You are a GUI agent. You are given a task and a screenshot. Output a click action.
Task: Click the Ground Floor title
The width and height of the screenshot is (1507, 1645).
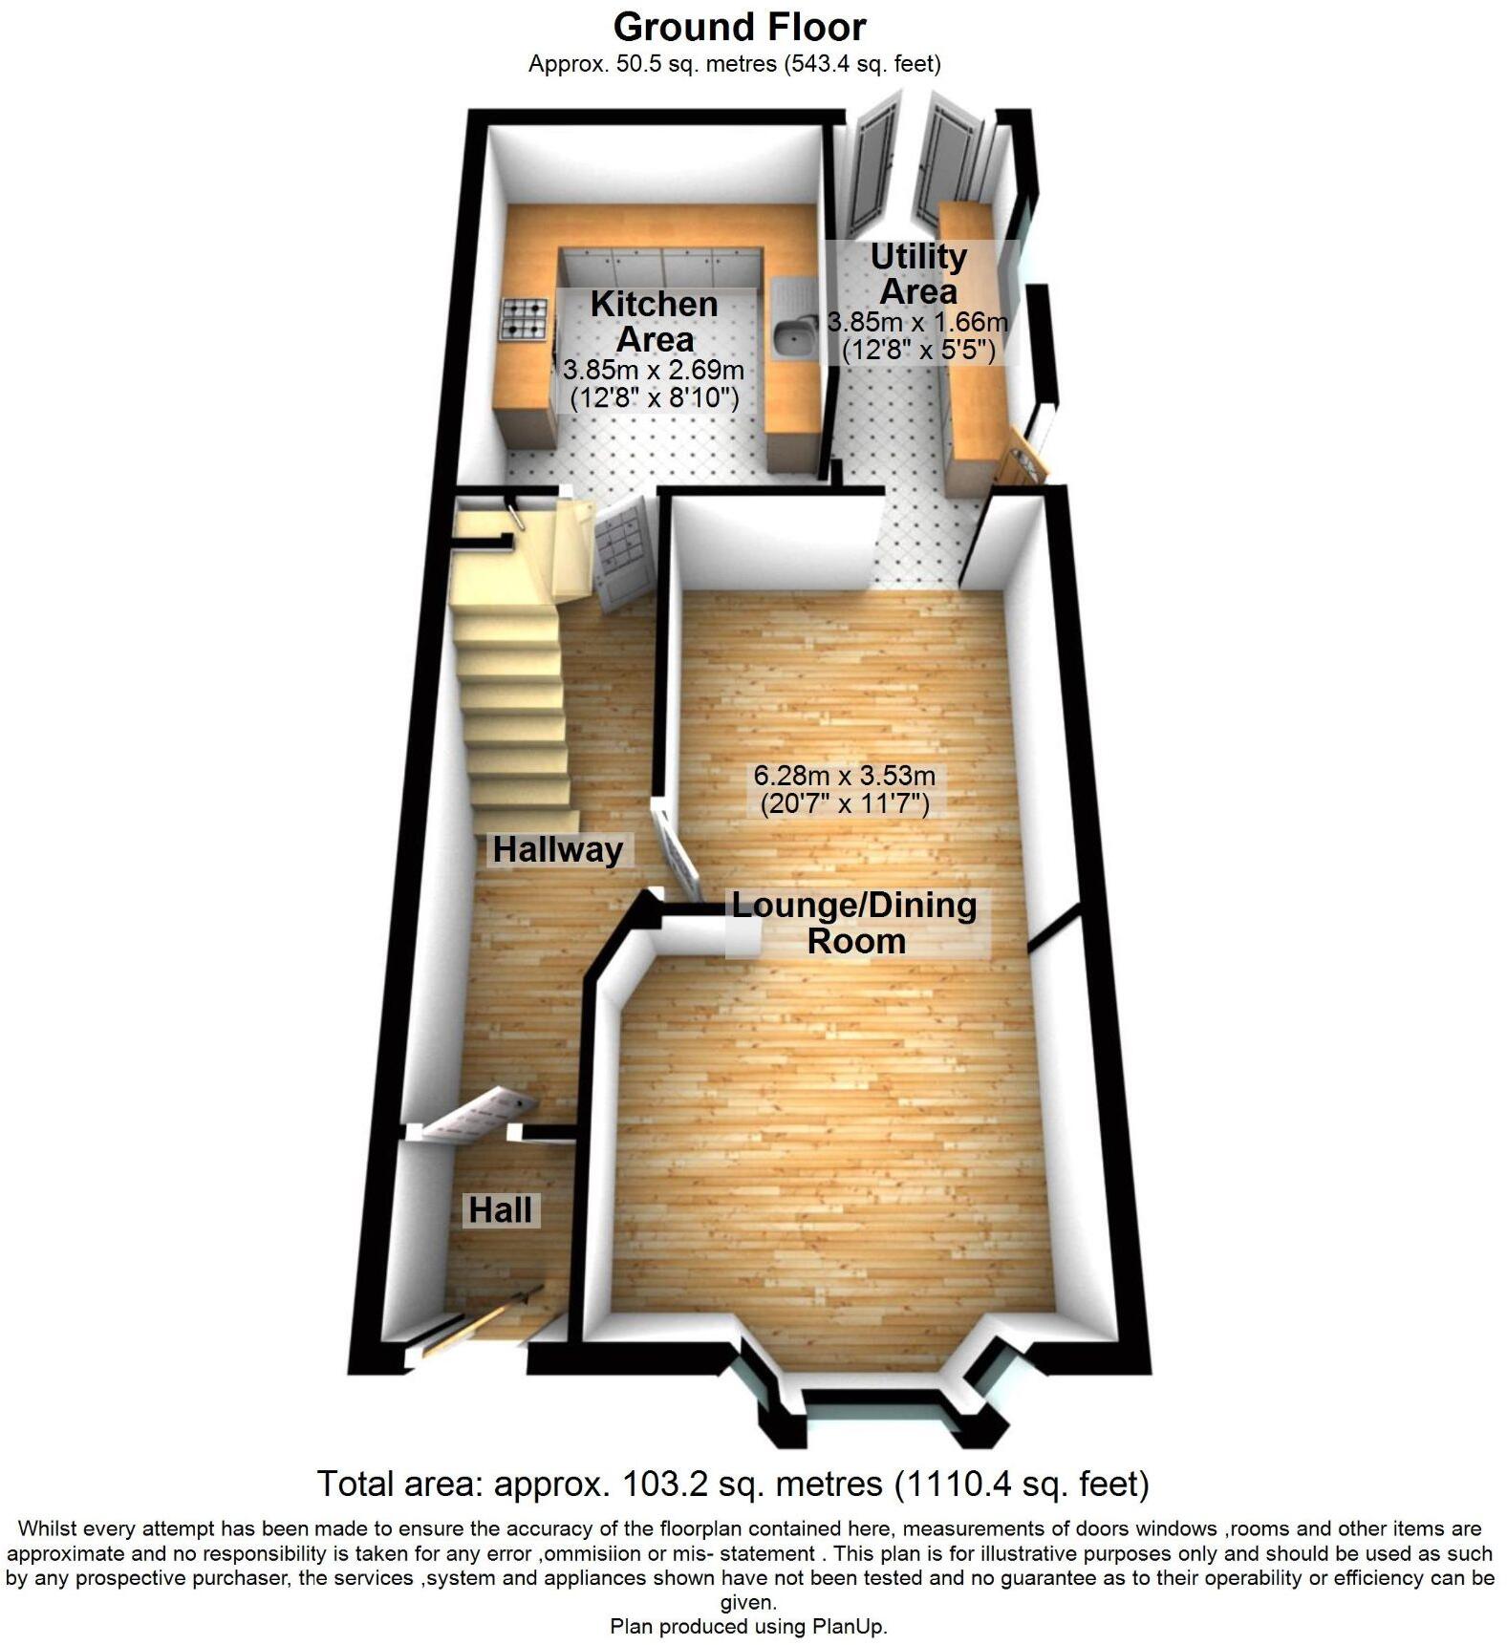(x=740, y=28)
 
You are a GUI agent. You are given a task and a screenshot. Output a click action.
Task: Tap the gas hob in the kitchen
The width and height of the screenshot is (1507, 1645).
(x=525, y=319)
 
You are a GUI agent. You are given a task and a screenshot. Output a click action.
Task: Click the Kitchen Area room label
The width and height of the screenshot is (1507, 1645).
(x=655, y=321)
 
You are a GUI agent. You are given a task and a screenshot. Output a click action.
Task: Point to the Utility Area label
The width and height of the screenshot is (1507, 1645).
(x=918, y=273)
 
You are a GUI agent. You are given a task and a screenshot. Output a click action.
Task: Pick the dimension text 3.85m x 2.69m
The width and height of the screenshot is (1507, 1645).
(x=654, y=370)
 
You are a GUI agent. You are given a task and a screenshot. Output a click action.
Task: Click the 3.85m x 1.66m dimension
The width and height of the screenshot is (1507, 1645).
(x=918, y=323)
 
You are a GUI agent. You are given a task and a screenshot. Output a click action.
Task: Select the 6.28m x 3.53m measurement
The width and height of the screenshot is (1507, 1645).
(x=845, y=775)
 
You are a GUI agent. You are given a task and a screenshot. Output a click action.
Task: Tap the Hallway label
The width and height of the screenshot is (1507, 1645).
(x=557, y=849)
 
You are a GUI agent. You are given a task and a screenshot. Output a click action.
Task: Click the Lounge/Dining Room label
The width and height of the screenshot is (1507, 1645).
(x=855, y=923)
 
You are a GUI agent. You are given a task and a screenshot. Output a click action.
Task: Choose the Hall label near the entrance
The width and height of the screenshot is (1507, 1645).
(x=500, y=1210)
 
